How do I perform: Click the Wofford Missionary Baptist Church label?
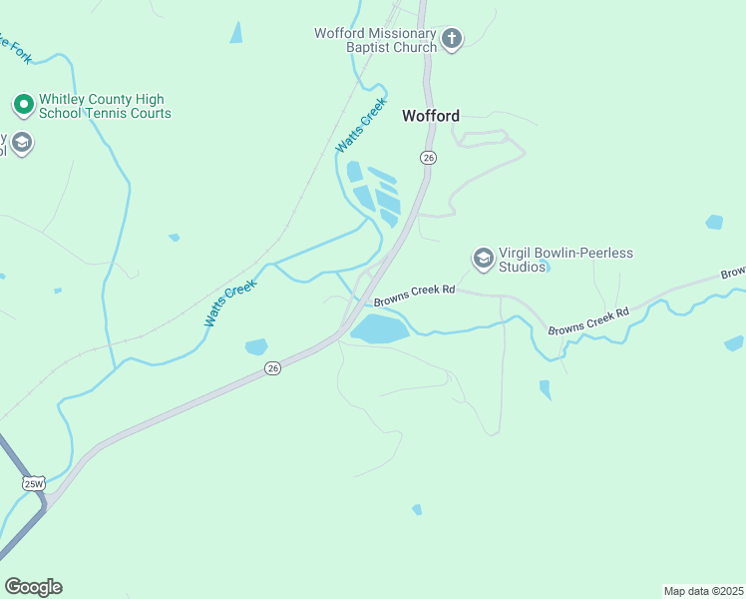376,40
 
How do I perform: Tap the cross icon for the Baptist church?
452,39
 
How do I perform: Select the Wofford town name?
431,116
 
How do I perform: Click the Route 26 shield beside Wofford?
428,158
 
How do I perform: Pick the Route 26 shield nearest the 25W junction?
273,368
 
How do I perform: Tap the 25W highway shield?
34,483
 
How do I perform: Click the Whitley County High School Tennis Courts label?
104,106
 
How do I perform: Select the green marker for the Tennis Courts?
23,105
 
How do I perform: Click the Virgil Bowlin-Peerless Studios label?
565,260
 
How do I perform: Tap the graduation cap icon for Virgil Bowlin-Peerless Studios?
484,259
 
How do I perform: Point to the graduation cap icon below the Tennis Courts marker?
22,143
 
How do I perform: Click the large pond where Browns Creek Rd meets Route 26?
379,327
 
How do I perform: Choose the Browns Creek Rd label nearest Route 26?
414,290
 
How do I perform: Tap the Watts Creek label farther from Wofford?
230,302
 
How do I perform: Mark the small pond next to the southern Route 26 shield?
256,346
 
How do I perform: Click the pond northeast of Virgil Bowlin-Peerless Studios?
714,222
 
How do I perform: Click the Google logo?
33,587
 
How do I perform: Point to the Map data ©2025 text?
703,590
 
